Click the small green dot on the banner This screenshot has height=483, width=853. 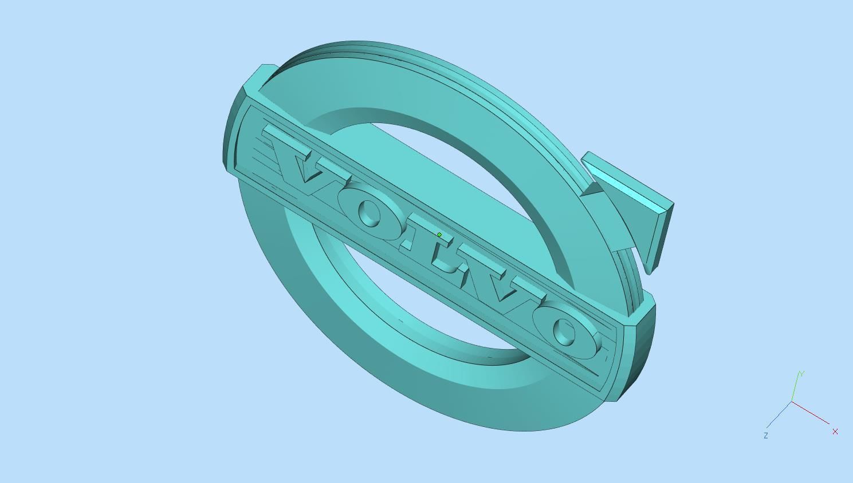click(x=439, y=235)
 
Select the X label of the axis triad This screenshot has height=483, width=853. click(x=835, y=431)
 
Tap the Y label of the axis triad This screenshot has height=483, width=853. click(x=801, y=374)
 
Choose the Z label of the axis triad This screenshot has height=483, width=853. click(x=765, y=436)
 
